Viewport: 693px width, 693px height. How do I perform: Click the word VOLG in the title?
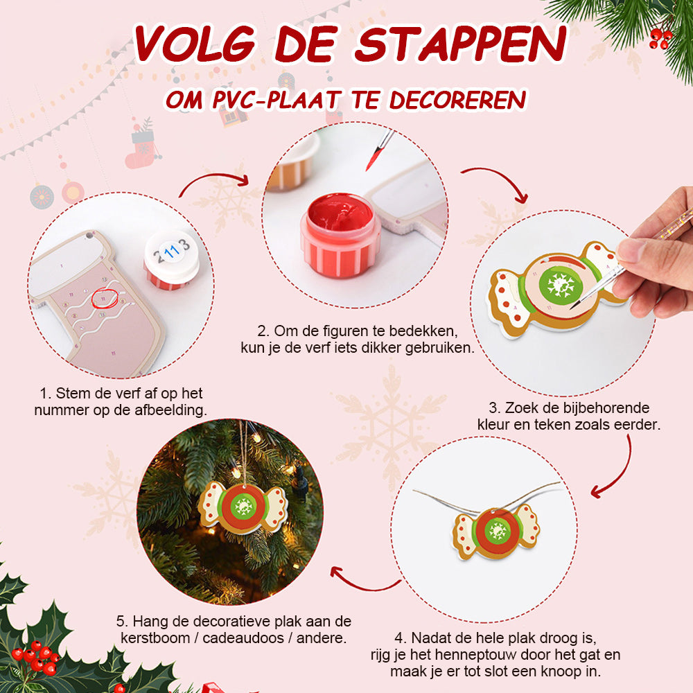tap(195, 43)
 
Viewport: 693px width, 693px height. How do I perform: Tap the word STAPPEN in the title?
tap(461, 44)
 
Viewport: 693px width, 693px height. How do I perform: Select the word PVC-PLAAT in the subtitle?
tap(277, 99)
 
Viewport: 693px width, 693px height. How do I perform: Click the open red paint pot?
tap(340, 235)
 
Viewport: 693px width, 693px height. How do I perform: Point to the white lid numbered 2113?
tap(171, 258)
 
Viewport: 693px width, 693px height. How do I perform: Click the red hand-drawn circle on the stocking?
tap(105, 298)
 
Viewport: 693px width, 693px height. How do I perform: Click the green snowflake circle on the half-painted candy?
tap(561, 285)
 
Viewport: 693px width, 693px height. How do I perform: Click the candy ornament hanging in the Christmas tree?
tap(243, 508)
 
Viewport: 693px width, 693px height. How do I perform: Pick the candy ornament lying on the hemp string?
tap(497, 532)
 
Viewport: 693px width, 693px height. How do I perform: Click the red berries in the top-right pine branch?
tap(660, 37)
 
